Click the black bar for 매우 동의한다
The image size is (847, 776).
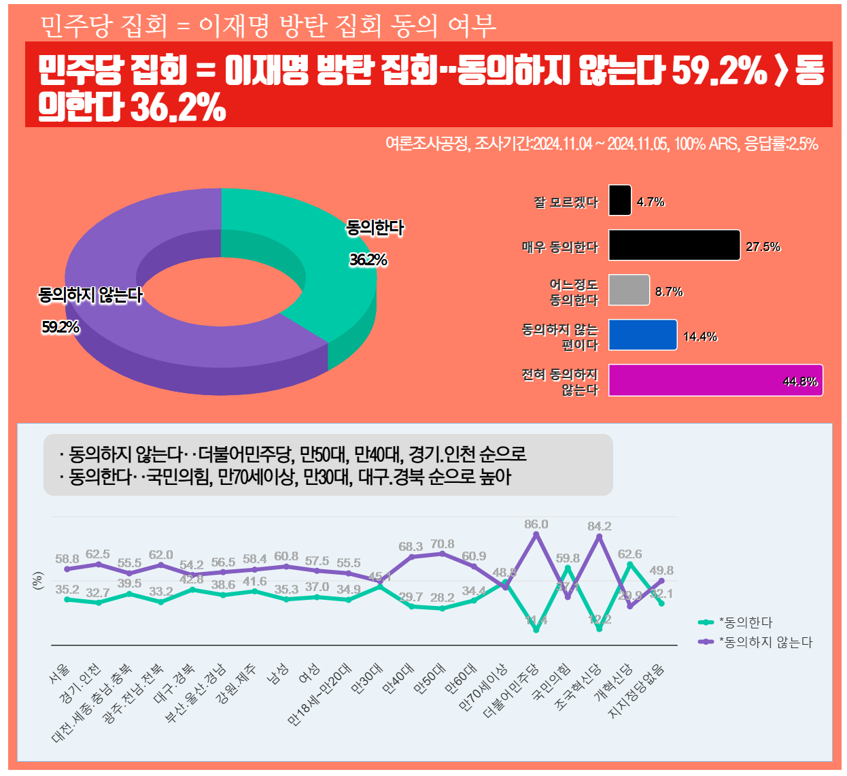pos(674,246)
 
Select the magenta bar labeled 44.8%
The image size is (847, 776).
pos(715,381)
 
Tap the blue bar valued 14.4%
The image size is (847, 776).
pos(642,335)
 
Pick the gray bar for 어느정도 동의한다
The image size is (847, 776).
pos(629,290)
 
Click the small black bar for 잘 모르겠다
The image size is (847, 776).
pos(619,201)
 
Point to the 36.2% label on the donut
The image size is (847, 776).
pos(368,260)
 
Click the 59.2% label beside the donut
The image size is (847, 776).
pos(60,327)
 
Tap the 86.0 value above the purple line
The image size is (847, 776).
pos(536,524)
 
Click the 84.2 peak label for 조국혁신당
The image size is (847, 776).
pos(599,526)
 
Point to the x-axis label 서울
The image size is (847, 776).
pos(60,673)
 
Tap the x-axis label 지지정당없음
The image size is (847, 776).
pos(637,691)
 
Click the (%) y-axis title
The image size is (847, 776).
pos(38,581)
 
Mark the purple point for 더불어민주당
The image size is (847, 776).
pos(536,535)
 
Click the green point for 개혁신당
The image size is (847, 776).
pos(630,564)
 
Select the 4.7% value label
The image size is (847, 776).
pos(651,202)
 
